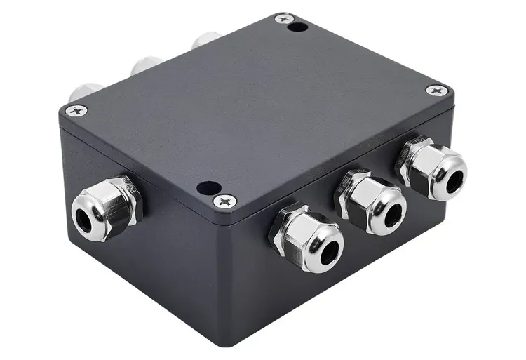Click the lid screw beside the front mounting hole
pos(225,201)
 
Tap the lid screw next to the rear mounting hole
pos(283,19)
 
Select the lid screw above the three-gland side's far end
pos(437,91)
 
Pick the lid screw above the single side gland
pos(76,110)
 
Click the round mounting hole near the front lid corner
pos(208,188)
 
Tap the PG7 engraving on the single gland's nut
pos(128,187)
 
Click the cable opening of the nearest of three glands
pos(327,251)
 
